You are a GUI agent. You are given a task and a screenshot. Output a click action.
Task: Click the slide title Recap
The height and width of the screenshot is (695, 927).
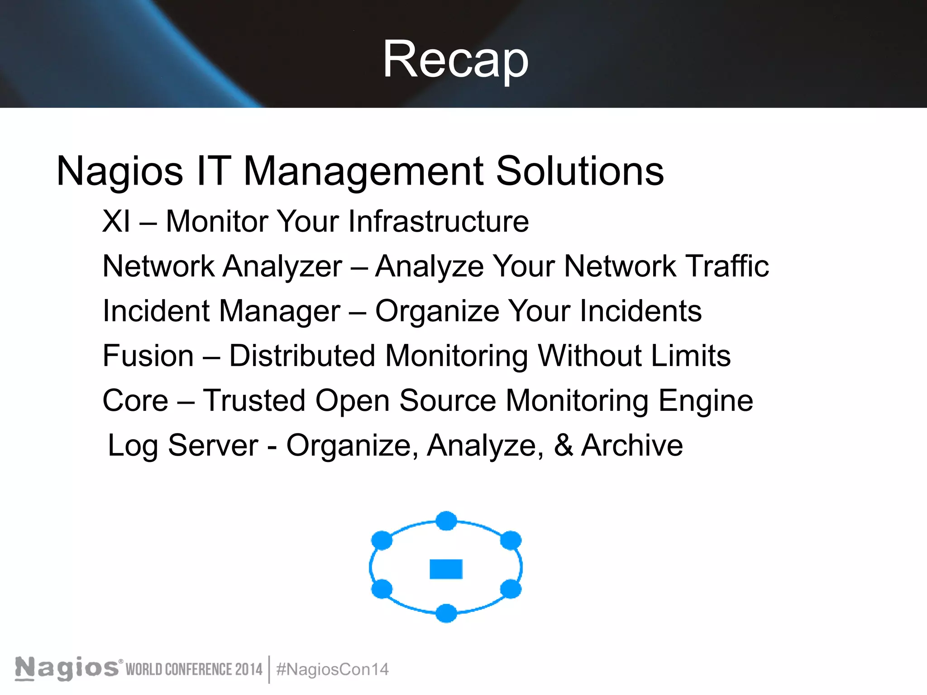(455, 60)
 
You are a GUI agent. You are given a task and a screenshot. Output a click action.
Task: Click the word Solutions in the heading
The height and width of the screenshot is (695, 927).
(580, 171)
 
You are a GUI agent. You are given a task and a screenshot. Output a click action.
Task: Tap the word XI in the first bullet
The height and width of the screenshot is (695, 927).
(116, 221)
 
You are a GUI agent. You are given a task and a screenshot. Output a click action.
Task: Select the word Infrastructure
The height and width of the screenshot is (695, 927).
(438, 221)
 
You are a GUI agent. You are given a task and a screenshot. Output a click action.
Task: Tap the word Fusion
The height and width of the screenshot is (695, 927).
(148, 356)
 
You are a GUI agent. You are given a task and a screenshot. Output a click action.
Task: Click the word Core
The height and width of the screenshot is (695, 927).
(135, 400)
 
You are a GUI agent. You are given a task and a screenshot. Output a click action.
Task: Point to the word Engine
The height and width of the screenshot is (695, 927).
(706, 401)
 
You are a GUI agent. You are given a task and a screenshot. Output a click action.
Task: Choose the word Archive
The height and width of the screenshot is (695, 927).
(632, 445)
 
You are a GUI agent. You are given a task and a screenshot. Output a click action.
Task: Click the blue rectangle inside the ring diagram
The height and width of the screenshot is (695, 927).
(446, 569)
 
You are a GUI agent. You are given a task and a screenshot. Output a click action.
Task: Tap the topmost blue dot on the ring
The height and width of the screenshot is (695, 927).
(446, 521)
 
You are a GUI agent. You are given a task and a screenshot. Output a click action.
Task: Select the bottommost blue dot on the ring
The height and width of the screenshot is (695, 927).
(446, 613)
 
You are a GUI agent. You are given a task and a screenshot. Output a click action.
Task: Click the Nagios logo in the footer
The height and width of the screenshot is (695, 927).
(67, 668)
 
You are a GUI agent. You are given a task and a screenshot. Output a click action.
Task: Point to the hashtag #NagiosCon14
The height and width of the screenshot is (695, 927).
(332, 669)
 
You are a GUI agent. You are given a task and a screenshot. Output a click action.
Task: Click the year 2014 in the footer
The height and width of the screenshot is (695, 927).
(248, 669)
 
